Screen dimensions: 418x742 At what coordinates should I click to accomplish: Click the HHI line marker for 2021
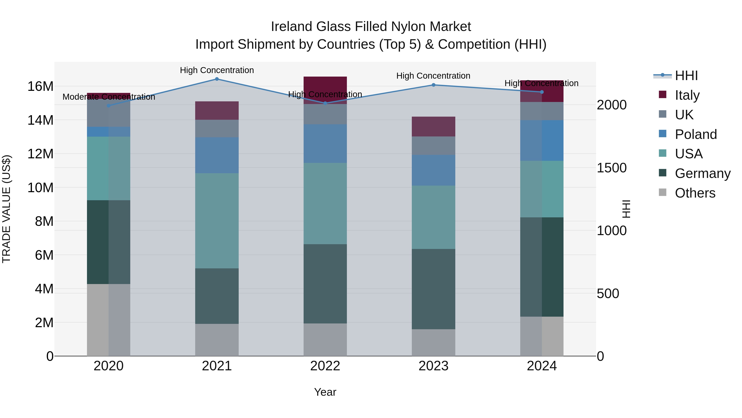click(217, 79)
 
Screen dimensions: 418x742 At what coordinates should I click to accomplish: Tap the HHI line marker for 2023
click(433, 85)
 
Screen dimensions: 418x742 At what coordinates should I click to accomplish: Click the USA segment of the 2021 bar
click(217, 221)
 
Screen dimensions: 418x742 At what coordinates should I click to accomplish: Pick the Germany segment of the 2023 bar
click(433, 289)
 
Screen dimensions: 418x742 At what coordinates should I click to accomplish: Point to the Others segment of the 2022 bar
click(325, 340)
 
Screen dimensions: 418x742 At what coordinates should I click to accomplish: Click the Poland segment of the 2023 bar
click(433, 170)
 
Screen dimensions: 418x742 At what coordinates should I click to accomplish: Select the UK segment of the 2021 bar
click(217, 128)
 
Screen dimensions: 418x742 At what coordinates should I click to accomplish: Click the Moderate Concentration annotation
click(109, 97)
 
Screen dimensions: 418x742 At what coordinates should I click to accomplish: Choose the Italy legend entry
click(687, 95)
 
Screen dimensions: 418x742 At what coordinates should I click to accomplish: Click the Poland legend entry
click(696, 134)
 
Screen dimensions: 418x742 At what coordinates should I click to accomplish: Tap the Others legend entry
click(695, 193)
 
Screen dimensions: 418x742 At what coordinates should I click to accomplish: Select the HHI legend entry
click(686, 76)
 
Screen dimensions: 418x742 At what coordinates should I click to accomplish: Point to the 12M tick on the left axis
click(40, 154)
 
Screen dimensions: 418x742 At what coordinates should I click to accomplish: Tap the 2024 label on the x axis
click(541, 366)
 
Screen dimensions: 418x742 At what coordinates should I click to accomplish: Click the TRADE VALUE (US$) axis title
click(6, 209)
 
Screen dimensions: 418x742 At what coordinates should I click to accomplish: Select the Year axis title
click(325, 392)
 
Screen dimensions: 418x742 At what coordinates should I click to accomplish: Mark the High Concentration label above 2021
click(217, 70)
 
